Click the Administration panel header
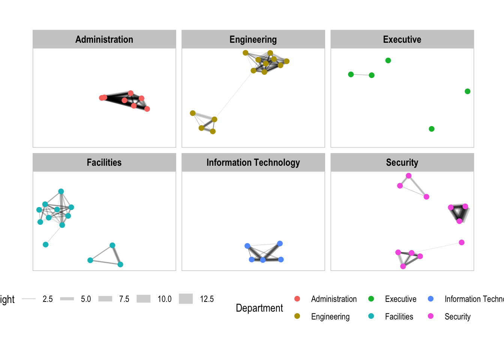[104, 39]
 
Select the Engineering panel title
[253, 39]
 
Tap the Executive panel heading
[402, 39]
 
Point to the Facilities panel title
[104, 162]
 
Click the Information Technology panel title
[253, 162]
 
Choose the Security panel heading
[402, 162]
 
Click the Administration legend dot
[297, 299]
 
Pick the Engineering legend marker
[297, 316]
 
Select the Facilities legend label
[399, 316]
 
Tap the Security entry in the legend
[457, 316]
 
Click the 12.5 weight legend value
[207, 299]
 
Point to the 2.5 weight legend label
[48, 299]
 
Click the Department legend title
[259, 308]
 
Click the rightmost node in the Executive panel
[468, 91]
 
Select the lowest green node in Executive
[432, 129]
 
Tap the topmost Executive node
[388, 60]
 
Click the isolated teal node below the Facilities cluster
[46, 244]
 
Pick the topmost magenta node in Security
[409, 176]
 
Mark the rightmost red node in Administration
[147, 109]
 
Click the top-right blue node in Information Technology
[280, 243]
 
